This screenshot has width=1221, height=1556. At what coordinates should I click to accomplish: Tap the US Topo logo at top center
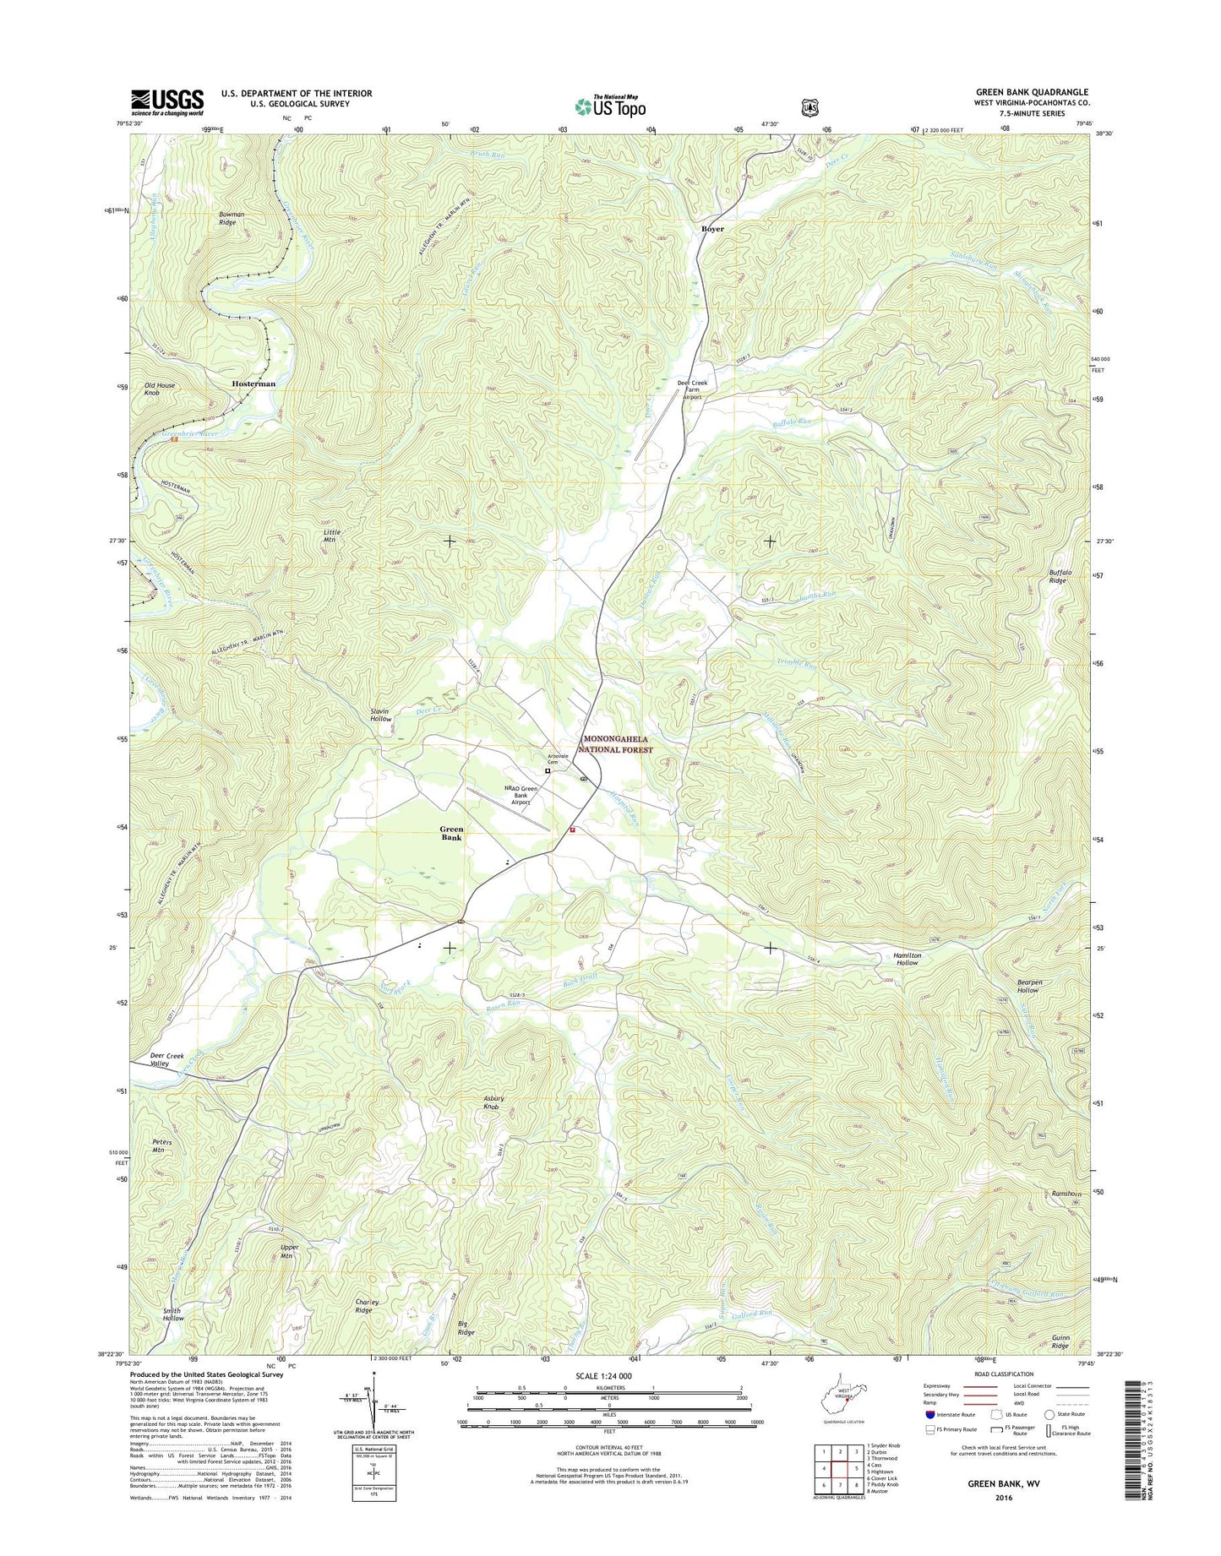click(x=610, y=106)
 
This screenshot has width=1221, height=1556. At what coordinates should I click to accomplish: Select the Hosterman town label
click(x=253, y=384)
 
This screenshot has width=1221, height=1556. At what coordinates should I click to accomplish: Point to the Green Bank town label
click(x=451, y=834)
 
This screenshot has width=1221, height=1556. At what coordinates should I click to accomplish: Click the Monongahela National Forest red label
click(x=617, y=744)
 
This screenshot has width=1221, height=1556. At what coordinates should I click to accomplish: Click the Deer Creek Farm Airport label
click(x=692, y=389)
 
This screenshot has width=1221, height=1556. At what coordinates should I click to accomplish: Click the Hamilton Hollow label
click(x=907, y=959)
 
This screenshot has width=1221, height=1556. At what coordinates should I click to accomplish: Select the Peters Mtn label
click(x=162, y=1145)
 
